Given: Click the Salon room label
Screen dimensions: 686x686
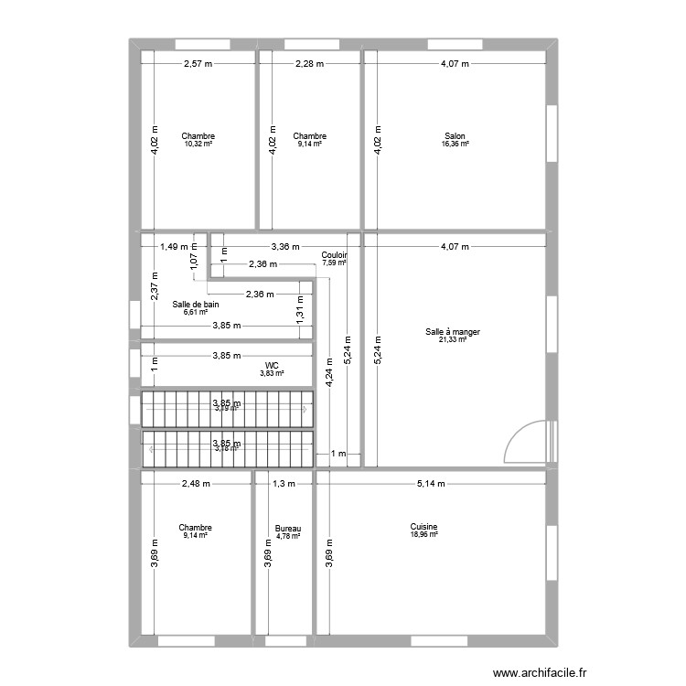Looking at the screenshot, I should (x=455, y=136).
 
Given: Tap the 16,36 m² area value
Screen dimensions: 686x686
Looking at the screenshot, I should (x=455, y=145).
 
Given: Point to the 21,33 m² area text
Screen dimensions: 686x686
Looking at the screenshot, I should (x=452, y=339).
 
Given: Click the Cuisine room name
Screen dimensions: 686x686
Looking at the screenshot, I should (x=423, y=527).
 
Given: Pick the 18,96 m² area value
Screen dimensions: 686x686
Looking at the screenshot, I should (x=423, y=535).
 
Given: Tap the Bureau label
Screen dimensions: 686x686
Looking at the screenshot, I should (x=288, y=529).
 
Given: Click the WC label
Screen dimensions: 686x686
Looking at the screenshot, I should (x=272, y=365).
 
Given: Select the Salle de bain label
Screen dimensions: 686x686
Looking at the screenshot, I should (x=196, y=304).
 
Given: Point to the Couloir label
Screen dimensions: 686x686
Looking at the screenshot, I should (x=334, y=255).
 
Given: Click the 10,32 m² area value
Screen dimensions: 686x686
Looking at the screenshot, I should (x=198, y=145).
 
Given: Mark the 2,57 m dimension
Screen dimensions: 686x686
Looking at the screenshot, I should (x=198, y=64).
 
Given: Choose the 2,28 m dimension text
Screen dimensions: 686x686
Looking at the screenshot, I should (x=309, y=64).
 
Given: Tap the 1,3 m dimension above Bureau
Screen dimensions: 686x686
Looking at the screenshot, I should (x=284, y=484).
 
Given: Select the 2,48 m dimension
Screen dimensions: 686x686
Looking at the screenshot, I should (x=196, y=484).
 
